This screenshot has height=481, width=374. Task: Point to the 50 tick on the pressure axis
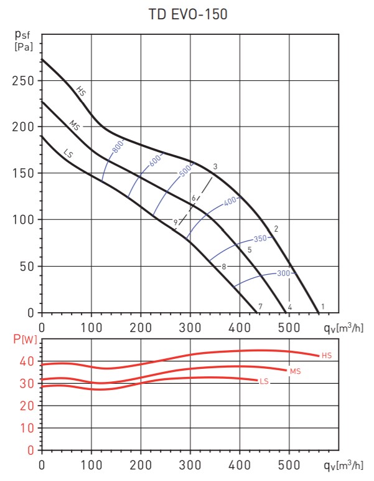[27, 266]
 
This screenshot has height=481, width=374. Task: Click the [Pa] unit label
[23, 46]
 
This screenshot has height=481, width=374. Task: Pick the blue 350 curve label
[259, 239]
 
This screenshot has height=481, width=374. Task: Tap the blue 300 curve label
[284, 273]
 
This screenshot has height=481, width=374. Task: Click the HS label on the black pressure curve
[81, 92]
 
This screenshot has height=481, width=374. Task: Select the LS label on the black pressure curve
[69, 151]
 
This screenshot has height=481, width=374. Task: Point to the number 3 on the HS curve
[214, 166]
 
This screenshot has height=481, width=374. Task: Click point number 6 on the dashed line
[194, 198]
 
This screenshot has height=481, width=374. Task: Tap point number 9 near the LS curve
[175, 222]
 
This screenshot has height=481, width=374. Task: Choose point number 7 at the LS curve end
[260, 306]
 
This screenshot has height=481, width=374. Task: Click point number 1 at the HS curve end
[322, 306]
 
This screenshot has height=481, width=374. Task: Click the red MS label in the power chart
[295, 371]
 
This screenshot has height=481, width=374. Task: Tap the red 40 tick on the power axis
[27, 361]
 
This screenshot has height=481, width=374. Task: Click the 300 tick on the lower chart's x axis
[190, 465]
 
